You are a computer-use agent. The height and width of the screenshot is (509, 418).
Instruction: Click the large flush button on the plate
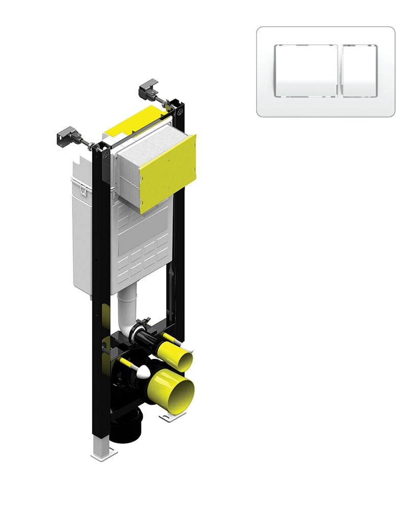pos(306,71)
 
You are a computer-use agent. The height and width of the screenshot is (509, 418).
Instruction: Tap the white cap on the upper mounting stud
pos(188,348)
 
